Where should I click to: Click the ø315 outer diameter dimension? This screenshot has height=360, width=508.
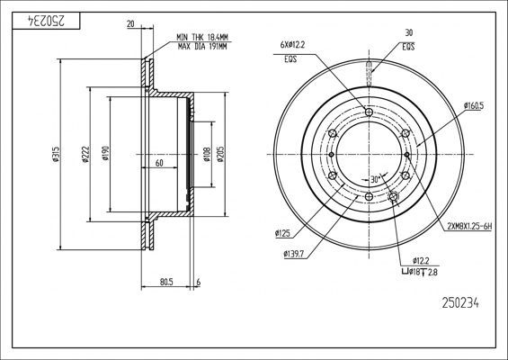click(x=56, y=154)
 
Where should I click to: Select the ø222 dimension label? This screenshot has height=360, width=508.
click(x=85, y=154)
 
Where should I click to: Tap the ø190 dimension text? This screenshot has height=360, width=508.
click(x=105, y=153)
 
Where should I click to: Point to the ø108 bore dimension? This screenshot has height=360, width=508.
click(x=207, y=155)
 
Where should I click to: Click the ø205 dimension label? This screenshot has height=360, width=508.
click(x=220, y=155)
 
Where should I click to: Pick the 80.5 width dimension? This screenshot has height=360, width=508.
click(x=166, y=283)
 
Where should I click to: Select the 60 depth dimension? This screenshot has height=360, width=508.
click(x=159, y=163)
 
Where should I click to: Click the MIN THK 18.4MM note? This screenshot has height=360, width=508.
click(x=202, y=37)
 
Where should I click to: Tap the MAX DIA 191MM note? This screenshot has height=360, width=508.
click(x=202, y=47)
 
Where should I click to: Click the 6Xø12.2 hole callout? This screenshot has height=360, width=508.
click(x=292, y=45)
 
